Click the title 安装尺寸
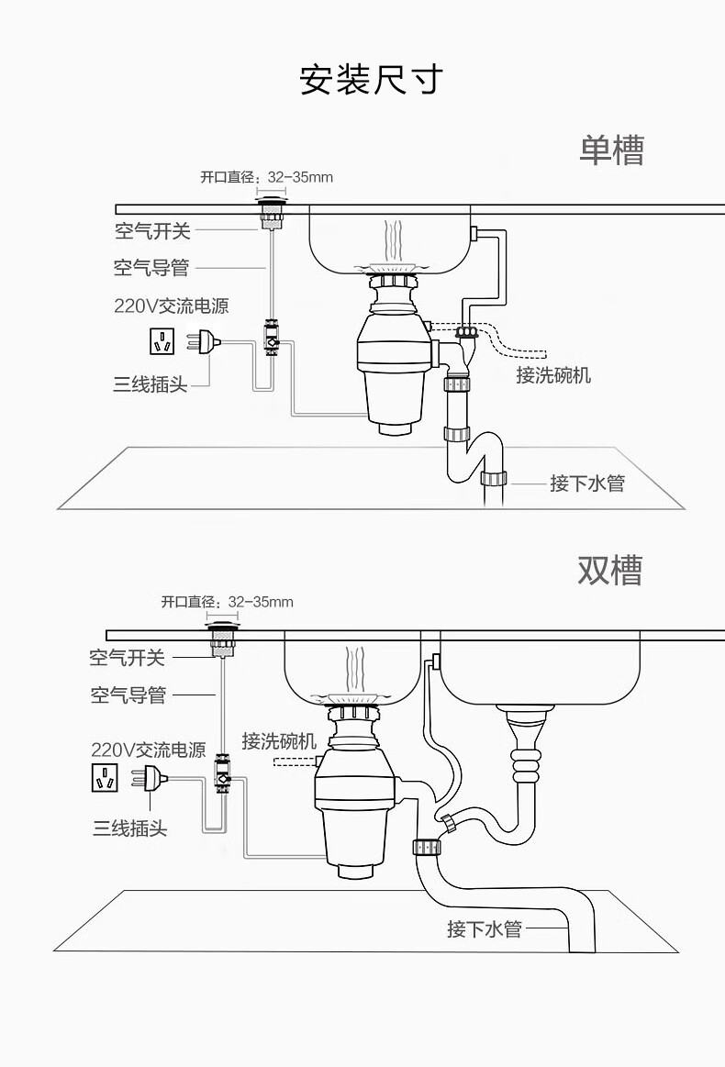pos(371,80)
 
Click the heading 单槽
pos(610,150)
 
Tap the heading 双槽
pos(609,570)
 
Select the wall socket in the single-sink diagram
pos(163,342)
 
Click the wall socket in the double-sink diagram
pos(105,778)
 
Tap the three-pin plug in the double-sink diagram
pos(151,778)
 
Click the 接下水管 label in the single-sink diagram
pos(587,483)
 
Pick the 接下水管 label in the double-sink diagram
pos(485,928)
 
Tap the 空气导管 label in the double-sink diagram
pos(128,695)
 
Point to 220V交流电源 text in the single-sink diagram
pos(171,306)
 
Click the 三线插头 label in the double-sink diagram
pos(129,828)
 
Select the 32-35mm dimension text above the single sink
pos(300,176)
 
